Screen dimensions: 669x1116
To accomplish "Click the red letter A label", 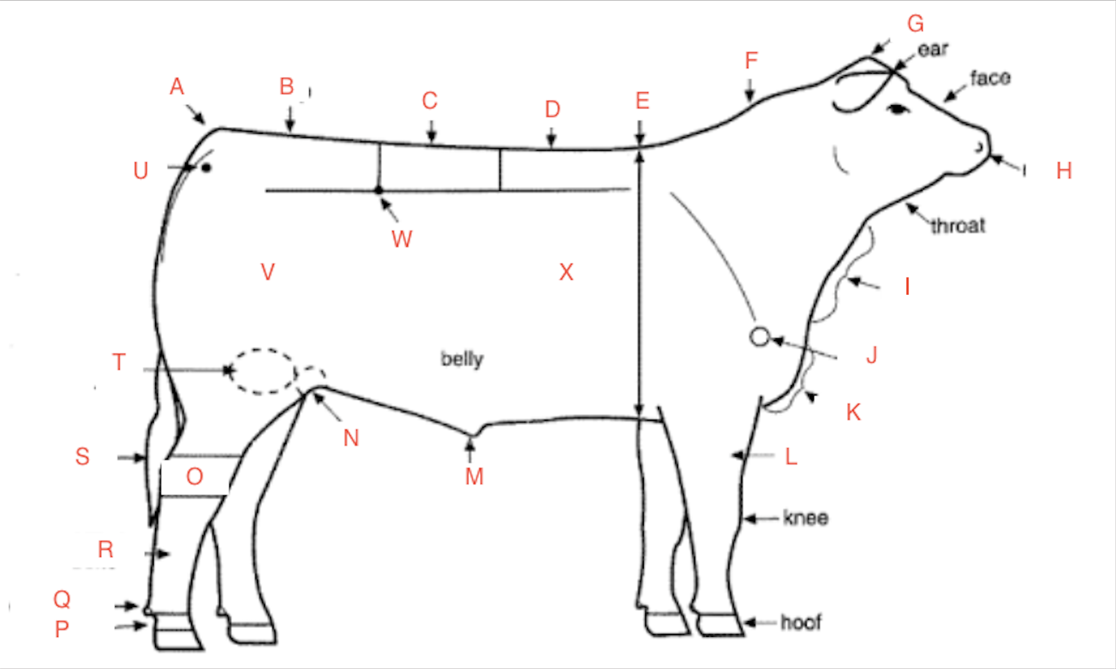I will point(177,87).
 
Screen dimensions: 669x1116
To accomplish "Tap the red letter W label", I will point(402,239).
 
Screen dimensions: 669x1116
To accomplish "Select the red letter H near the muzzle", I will point(1063,170).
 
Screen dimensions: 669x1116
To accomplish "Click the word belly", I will point(462,359).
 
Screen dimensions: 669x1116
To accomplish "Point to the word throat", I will point(958,226).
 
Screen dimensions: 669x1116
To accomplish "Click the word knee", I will point(805,518).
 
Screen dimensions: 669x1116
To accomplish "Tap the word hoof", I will point(801,622).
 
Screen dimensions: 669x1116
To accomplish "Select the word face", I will point(990,78).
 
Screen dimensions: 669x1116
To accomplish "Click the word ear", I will point(932,49).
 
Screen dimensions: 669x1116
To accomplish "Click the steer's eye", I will point(898,110).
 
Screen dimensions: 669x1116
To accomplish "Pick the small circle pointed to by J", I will point(759,336).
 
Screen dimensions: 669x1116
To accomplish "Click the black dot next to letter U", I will point(206,168).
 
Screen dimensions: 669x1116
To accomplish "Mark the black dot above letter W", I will point(379,190).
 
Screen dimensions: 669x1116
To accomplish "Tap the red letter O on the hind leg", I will point(194,477).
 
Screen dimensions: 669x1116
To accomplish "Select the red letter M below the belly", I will point(474,477).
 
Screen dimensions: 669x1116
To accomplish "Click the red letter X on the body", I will point(566,272).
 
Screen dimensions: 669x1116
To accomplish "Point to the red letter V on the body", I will point(268,272).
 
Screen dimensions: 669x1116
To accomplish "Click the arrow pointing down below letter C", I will point(431,132).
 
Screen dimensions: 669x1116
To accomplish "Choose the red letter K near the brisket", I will point(853,412).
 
